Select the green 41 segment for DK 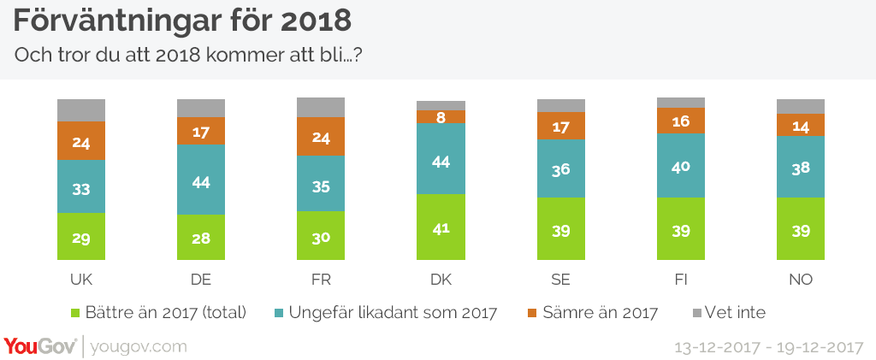tap(441, 227)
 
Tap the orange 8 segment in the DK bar tap(441, 117)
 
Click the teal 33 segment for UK tap(81, 187)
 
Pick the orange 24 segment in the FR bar tap(321, 136)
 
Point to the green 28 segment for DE tap(201, 237)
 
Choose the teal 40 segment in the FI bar tap(680, 165)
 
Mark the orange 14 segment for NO tap(800, 125)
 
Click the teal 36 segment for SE tap(560, 168)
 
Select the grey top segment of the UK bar tap(81, 110)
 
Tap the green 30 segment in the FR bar tap(321, 235)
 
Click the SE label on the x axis tap(560, 280)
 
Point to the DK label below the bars tap(441, 280)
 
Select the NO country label tap(800, 280)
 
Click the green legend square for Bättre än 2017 tap(75, 313)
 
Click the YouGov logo tap(39, 346)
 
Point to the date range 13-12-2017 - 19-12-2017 tap(769, 347)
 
